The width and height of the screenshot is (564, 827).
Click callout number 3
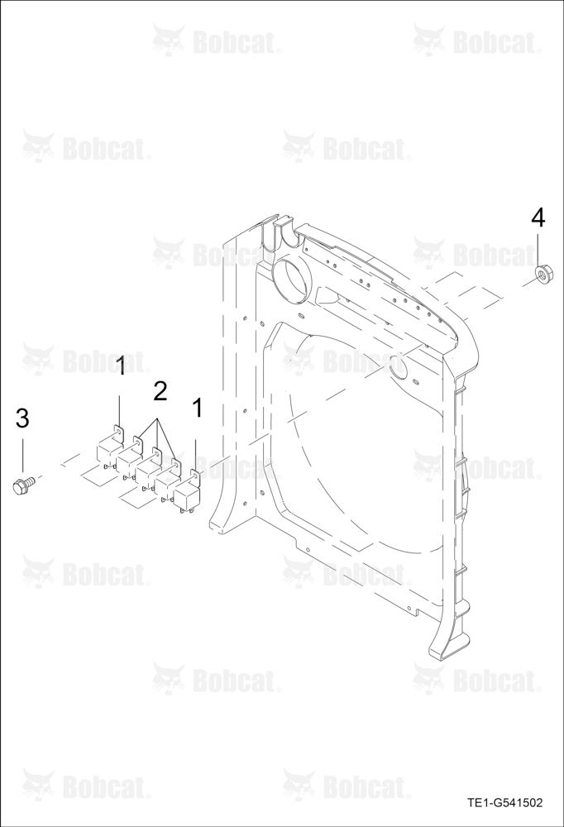pyautogui.click(x=22, y=418)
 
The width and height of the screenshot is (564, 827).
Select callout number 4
pyautogui.click(x=538, y=218)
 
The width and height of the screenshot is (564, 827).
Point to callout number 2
pyautogui.click(x=160, y=391)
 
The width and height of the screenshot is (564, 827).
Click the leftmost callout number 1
pyautogui.click(x=121, y=366)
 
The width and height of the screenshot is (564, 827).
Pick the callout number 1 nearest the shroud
pyautogui.click(x=198, y=408)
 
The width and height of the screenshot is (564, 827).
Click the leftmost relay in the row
pyautogui.click(x=108, y=454)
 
